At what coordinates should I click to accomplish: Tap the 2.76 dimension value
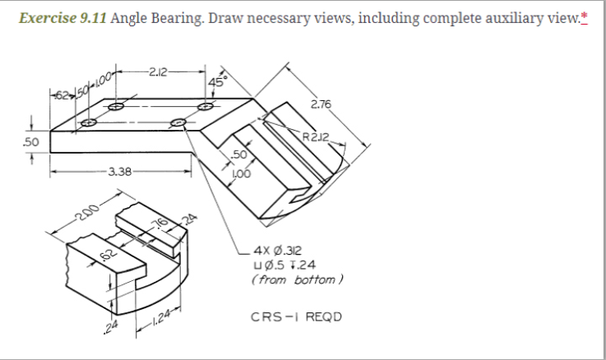tap(320, 104)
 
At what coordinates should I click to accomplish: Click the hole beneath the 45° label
tap(210, 107)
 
